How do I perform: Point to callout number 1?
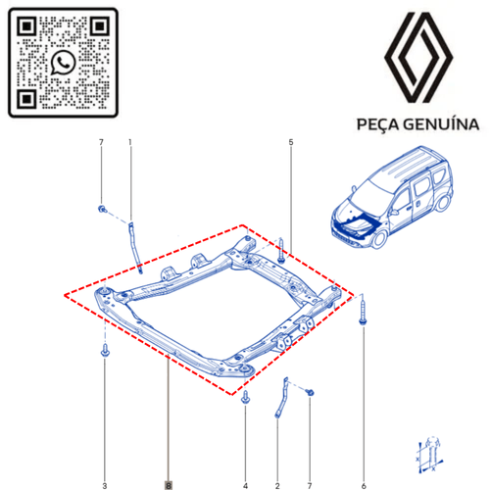pos(130,145)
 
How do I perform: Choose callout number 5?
pos(291,145)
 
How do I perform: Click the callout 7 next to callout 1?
pos(102,145)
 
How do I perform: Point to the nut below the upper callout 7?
pos(103,209)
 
